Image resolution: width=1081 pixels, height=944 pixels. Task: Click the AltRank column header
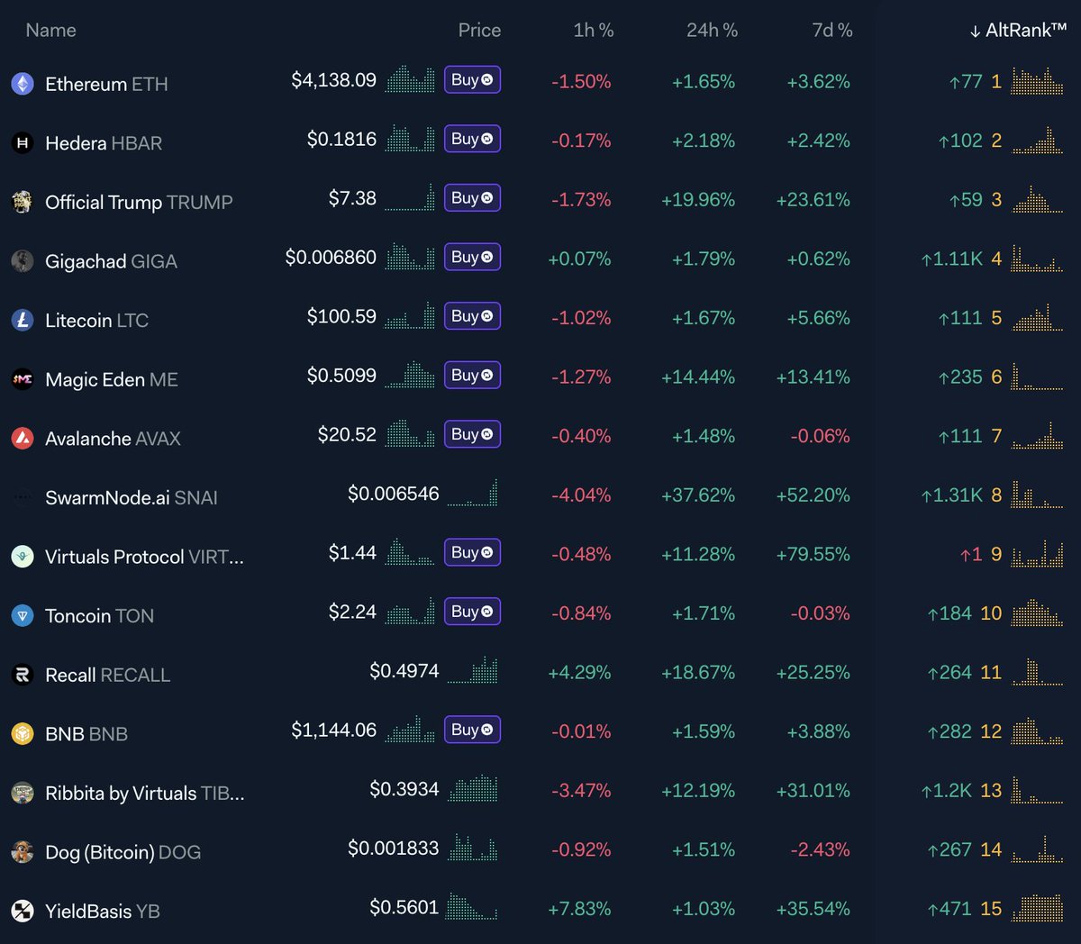(x=1019, y=31)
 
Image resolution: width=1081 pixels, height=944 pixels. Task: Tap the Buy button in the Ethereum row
(x=472, y=80)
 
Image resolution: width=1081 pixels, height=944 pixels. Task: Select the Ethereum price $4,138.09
(x=333, y=80)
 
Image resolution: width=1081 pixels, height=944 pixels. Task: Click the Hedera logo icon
(x=23, y=142)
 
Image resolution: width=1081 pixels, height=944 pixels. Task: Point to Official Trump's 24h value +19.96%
(x=697, y=200)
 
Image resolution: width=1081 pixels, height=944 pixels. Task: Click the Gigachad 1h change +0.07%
(x=579, y=259)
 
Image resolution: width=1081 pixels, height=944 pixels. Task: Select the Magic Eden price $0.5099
(x=341, y=376)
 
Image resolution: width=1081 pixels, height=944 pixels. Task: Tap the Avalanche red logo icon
(x=23, y=439)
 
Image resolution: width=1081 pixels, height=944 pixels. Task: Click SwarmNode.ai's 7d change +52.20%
(x=813, y=495)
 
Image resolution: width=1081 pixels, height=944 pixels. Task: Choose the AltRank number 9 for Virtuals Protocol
(x=996, y=555)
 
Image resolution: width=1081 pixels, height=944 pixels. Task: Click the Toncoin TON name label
(x=99, y=616)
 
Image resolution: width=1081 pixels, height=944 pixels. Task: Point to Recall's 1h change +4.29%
(x=579, y=673)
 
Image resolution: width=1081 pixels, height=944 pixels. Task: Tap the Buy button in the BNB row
(x=472, y=730)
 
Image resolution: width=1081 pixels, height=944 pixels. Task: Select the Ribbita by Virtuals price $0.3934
(x=404, y=790)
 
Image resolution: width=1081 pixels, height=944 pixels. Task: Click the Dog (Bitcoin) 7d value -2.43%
(x=819, y=850)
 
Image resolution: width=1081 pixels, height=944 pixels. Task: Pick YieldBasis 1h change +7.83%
(x=579, y=910)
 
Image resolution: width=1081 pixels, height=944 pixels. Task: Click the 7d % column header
(x=831, y=31)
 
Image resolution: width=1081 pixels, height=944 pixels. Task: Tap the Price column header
(x=479, y=31)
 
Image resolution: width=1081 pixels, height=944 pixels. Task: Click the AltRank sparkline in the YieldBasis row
(x=1037, y=908)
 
